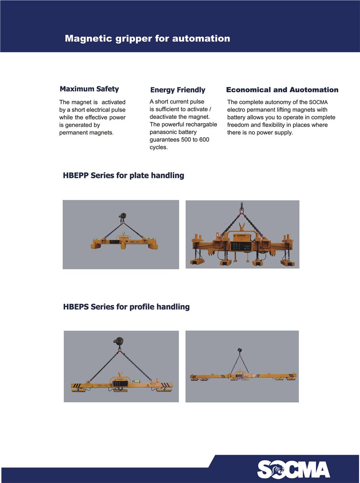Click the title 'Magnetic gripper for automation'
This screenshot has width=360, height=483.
[147, 38]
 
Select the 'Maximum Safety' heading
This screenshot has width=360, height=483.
[89, 89]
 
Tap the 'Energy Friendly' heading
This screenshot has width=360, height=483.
[177, 90]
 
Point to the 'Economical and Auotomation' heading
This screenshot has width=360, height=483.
[282, 90]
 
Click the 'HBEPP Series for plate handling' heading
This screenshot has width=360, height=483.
[123, 175]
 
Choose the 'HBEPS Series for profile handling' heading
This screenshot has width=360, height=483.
[126, 307]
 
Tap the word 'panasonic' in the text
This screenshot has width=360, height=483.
[163, 132]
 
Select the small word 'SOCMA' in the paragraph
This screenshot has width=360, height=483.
[318, 103]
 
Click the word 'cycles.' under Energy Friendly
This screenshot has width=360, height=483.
[158, 147]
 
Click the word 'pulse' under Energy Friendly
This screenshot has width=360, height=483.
[196, 101]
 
